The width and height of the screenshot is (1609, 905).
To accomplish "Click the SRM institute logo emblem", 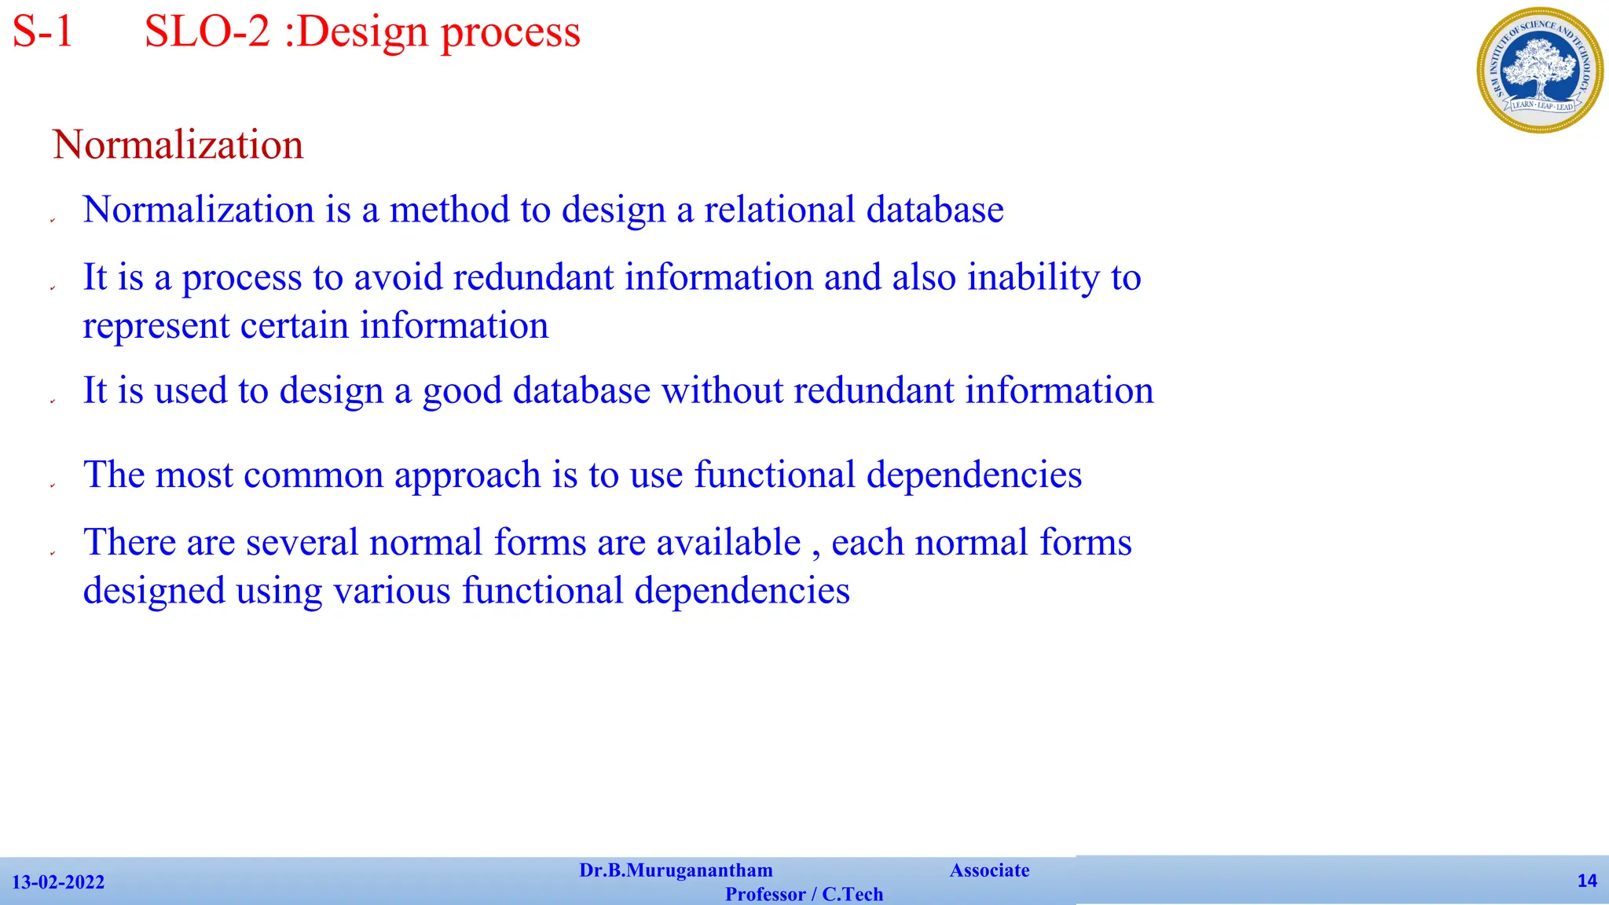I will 1539,71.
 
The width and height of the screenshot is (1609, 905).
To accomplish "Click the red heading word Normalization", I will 178,145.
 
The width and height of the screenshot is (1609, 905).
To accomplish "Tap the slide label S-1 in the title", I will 43,32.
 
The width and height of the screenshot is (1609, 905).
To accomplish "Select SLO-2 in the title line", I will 207,32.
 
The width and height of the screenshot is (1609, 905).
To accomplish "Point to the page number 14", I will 1587,881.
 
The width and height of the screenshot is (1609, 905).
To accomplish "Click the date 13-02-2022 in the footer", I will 58,882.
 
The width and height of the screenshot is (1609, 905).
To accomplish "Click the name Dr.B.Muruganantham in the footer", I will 676,870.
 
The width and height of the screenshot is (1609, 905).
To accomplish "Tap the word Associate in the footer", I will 989,870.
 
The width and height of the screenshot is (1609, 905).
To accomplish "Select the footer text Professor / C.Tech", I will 804,894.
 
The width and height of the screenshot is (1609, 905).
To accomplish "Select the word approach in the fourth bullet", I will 467,475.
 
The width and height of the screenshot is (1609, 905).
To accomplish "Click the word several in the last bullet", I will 302,543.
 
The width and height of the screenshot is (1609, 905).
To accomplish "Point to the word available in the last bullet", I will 728,543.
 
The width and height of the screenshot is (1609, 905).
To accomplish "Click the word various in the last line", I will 392,591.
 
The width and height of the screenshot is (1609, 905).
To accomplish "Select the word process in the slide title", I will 510,34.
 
